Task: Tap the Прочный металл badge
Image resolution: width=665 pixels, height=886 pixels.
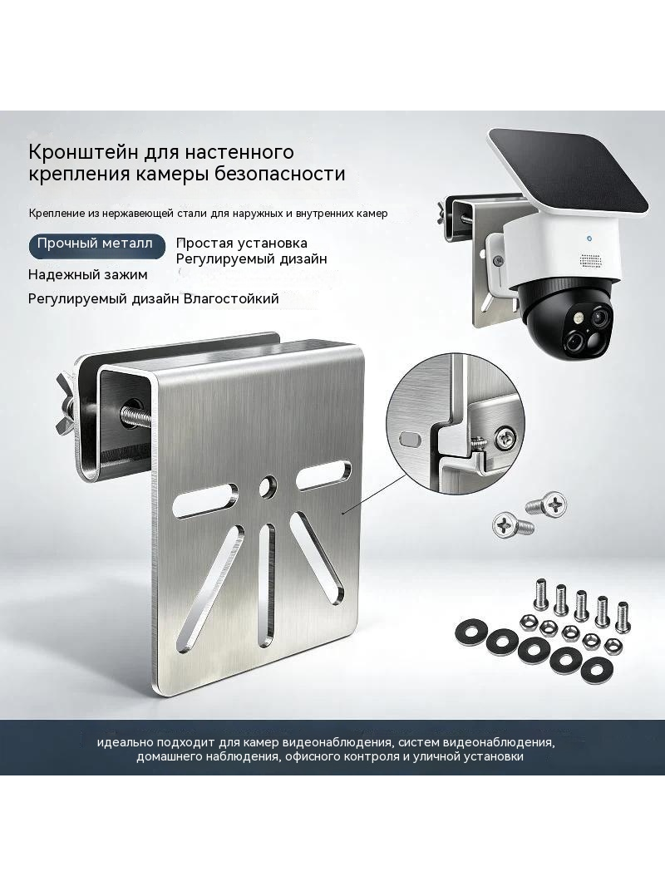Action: pyautogui.click(x=96, y=246)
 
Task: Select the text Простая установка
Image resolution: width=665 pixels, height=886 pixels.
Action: pyautogui.click(x=242, y=243)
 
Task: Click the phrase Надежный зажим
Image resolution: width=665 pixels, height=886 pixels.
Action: pyautogui.click(x=87, y=275)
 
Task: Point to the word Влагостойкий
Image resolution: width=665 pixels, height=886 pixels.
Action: pyautogui.click(x=232, y=298)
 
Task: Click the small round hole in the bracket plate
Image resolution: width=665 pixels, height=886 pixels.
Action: pyautogui.click(x=267, y=485)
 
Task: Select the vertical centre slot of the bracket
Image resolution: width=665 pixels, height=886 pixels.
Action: pyautogui.click(x=270, y=584)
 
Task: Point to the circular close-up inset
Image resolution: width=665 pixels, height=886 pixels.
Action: pyautogui.click(x=450, y=425)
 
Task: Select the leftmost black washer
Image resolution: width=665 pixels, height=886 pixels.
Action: pyautogui.click(x=468, y=633)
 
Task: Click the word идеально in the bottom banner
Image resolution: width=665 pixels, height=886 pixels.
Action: pyautogui.click(x=122, y=742)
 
